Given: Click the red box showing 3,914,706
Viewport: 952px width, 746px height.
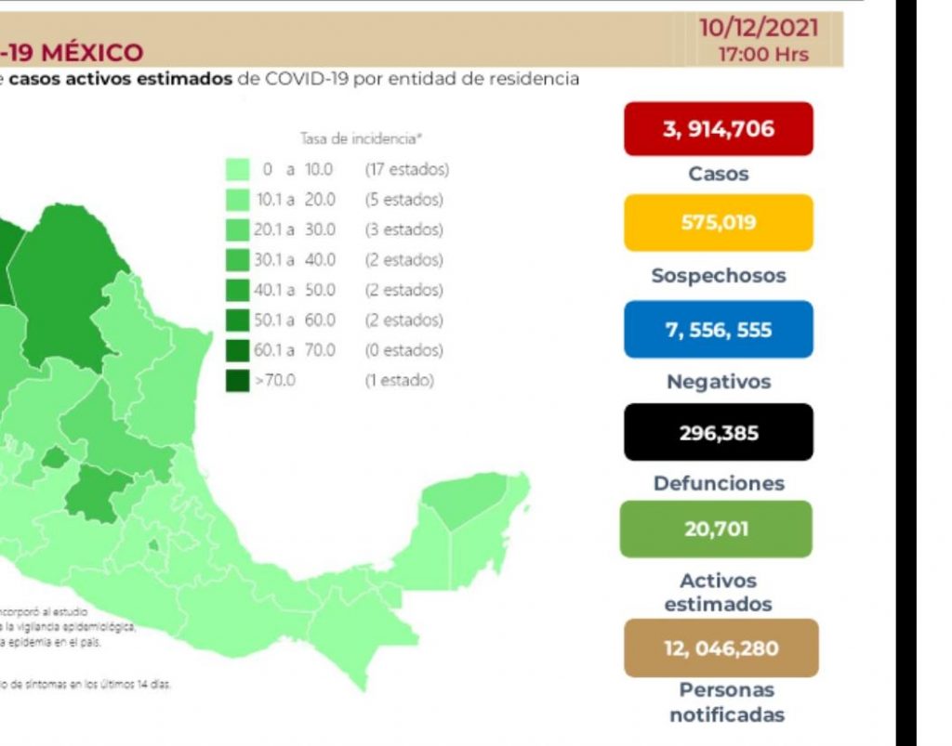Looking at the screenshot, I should pos(718,128).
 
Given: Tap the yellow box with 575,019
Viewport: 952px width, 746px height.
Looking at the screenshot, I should pos(718,223).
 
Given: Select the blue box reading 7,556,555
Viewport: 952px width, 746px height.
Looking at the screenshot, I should pos(718,329).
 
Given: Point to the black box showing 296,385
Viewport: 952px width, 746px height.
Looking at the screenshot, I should pos(718,432).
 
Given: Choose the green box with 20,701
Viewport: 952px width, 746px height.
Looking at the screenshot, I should pos(718,530).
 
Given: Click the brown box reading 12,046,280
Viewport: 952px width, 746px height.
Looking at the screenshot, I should pos(721,648).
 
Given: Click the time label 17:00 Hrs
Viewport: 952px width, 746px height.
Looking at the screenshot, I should pos(764,54).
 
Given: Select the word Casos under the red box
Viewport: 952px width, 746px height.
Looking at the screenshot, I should pos(718,174).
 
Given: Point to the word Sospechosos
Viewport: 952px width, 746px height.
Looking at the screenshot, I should pos(718,276).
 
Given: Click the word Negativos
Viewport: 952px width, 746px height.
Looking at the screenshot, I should pos(718,382).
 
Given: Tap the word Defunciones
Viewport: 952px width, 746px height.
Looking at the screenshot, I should pos(718,483).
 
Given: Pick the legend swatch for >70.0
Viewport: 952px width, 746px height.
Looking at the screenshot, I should pos(238,381).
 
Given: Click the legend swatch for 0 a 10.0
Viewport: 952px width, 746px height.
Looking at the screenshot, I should pos(238,169).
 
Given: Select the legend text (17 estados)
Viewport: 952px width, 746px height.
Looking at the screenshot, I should pos(406,170).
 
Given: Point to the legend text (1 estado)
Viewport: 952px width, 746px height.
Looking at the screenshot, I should pos(399,381).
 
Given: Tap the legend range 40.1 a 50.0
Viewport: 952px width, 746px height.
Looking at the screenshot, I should pos(295,290).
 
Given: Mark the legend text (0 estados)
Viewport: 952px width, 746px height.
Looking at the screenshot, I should pos(403,350).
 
